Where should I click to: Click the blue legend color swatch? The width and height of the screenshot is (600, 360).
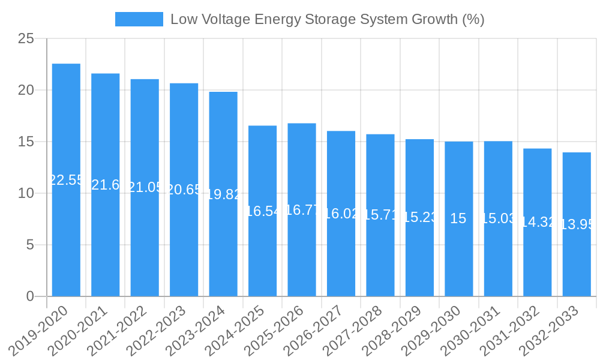pyautogui.click(x=139, y=19)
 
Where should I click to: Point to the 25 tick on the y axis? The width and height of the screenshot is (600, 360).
pyautogui.click(x=26, y=39)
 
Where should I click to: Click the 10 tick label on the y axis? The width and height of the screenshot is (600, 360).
pyautogui.click(x=26, y=193)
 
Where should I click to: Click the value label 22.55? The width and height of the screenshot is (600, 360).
pyautogui.click(x=66, y=180)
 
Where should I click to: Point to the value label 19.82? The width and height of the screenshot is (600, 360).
pyautogui.click(x=223, y=194)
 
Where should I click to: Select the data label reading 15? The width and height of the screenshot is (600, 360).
pyautogui.click(x=458, y=218)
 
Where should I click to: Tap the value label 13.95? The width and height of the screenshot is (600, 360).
pyautogui.click(x=577, y=224)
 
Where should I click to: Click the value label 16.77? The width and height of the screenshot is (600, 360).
pyautogui.click(x=302, y=210)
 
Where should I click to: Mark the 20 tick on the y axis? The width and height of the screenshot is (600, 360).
pyautogui.click(x=26, y=90)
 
